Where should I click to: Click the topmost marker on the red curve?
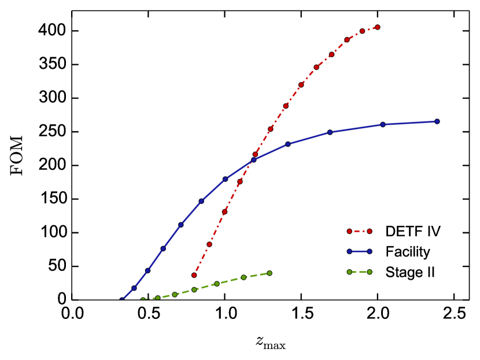pyautogui.click(x=378, y=27)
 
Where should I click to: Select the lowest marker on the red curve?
pyautogui.click(x=194, y=275)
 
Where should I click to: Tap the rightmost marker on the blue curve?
pyautogui.click(x=437, y=121)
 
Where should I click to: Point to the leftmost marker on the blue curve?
pyautogui.click(x=122, y=300)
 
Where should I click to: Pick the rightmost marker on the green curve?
pyautogui.click(x=269, y=273)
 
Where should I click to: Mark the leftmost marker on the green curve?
pyautogui.click(x=143, y=300)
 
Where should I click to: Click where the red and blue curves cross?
pyautogui.click(x=253, y=158)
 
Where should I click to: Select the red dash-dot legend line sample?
pyautogui.click(x=359, y=231)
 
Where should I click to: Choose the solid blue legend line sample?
pyautogui.click(x=359, y=251)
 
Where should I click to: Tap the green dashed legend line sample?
pyautogui.click(x=359, y=272)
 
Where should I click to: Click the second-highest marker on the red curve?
pyautogui.click(x=363, y=31)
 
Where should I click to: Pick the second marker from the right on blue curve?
pyautogui.click(x=383, y=124)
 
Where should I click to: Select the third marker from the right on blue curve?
pyautogui.click(x=330, y=132)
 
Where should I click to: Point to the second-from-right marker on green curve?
pyautogui.click(x=243, y=277)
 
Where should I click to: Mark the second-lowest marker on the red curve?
pyautogui.click(x=209, y=244)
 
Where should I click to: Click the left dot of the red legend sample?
pyautogui.click(x=349, y=231)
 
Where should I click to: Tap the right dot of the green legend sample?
pyautogui.click(x=370, y=272)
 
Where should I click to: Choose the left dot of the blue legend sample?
pyautogui.click(x=349, y=251)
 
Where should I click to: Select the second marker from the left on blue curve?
pyautogui.click(x=134, y=288)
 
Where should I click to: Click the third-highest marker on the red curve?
pyautogui.click(x=347, y=40)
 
